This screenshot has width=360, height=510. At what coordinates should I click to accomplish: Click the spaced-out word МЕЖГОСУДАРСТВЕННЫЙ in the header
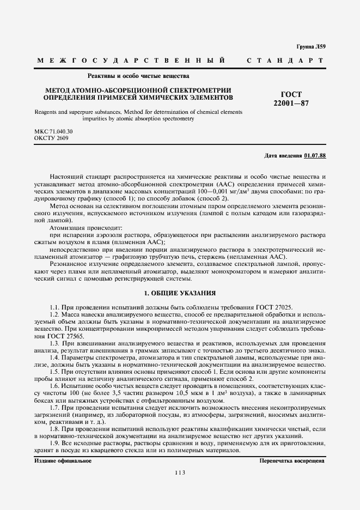pos(131,60)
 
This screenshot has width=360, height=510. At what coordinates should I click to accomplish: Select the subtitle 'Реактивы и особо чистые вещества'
pos(138,76)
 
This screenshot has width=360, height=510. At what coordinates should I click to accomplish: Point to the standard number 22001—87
pos(291,103)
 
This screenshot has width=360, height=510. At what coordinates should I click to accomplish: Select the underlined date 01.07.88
pos(314,156)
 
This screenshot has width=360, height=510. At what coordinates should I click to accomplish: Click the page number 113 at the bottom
pos(180,472)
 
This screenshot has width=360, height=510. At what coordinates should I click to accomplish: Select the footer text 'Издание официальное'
pos(55,461)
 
